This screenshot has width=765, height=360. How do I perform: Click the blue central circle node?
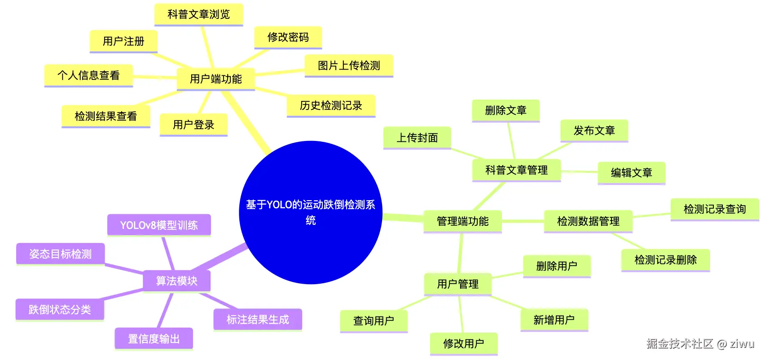pos(310,212)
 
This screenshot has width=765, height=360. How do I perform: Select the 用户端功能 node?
pos(216,79)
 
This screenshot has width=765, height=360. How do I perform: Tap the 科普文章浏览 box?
pos(199,14)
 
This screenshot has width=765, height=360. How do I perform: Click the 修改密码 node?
pos(288,37)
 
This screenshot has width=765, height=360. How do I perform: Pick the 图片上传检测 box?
pos(349,66)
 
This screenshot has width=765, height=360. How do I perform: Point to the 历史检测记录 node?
pos(331,105)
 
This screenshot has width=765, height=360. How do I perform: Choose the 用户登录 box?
pos(193,125)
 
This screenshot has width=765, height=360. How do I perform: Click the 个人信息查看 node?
pos(88,75)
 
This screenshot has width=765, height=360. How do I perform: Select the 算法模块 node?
pos(176,281)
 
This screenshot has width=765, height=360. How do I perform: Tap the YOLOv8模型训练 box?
pos(159,225)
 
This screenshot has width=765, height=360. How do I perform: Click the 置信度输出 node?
pos(154,339)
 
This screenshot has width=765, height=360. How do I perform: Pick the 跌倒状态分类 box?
pos(60,310)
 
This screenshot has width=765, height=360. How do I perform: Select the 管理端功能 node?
pos(463,221)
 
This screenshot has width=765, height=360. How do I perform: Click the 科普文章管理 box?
pos(516,170)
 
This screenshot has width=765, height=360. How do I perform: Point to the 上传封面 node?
pos(417,138)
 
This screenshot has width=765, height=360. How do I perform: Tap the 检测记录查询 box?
pos(715,209)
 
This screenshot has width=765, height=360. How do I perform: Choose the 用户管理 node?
pos(457,284)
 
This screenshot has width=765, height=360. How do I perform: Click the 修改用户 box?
pos(463,343)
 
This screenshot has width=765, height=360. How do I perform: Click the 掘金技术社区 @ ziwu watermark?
pos(700,343)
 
